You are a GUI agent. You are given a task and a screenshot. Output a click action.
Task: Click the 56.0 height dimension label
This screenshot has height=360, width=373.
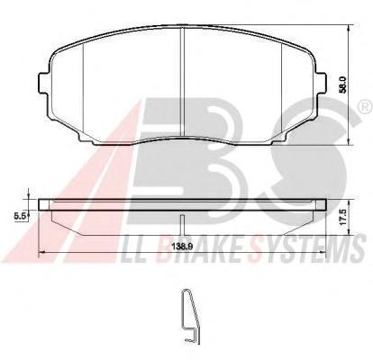tap(344, 85)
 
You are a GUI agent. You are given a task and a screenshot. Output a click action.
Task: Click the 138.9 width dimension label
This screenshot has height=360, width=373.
tap(182, 247)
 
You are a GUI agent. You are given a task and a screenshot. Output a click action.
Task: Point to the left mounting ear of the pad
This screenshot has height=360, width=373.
tap(44, 83)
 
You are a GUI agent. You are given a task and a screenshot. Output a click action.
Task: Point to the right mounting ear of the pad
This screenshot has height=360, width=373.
tap(321, 83)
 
